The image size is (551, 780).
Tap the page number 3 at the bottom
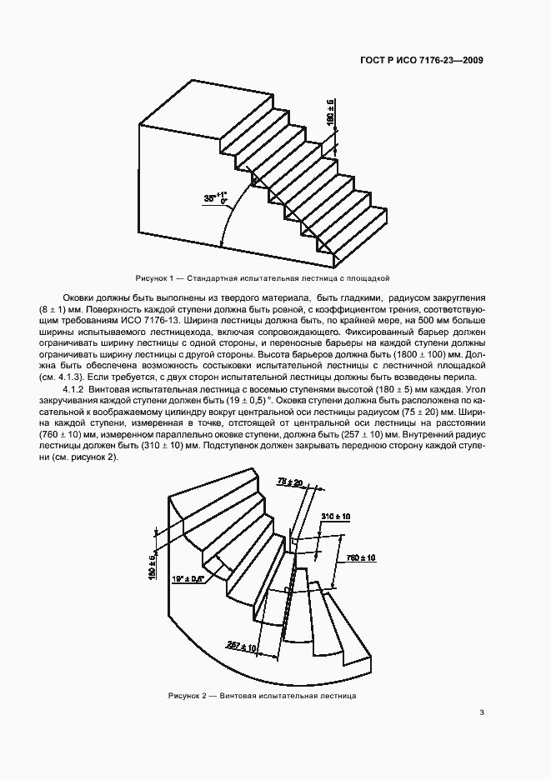pos(483,712)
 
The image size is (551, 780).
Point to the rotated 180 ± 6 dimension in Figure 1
pos(331,112)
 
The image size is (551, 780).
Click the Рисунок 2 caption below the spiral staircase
pos(263,694)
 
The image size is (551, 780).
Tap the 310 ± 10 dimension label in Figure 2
pos(336,517)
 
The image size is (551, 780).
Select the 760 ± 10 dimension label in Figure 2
pos(360,557)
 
